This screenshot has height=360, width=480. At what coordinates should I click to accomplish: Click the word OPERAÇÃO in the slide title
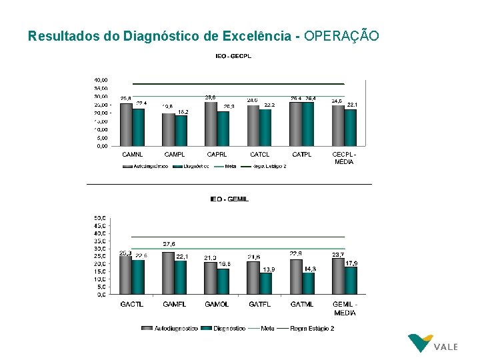[341, 36]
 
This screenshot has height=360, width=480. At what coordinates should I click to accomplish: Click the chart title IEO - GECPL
[233, 57]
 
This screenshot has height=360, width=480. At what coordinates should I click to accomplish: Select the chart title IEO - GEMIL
[229, 199]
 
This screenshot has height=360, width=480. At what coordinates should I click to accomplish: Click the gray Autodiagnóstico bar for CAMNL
[126, 125]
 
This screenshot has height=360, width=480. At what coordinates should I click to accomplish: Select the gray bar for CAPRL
[211, 124]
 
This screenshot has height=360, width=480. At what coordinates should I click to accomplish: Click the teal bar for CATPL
[309, 124]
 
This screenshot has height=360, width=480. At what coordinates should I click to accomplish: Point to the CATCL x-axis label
[259, 154]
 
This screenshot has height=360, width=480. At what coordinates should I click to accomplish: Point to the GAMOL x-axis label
[217, 305]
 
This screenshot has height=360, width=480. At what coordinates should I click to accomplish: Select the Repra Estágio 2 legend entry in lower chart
[312, 328]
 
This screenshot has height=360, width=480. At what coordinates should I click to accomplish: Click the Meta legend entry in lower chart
[267, 328]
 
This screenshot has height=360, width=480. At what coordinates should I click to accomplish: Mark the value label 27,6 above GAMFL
[169, 244]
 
